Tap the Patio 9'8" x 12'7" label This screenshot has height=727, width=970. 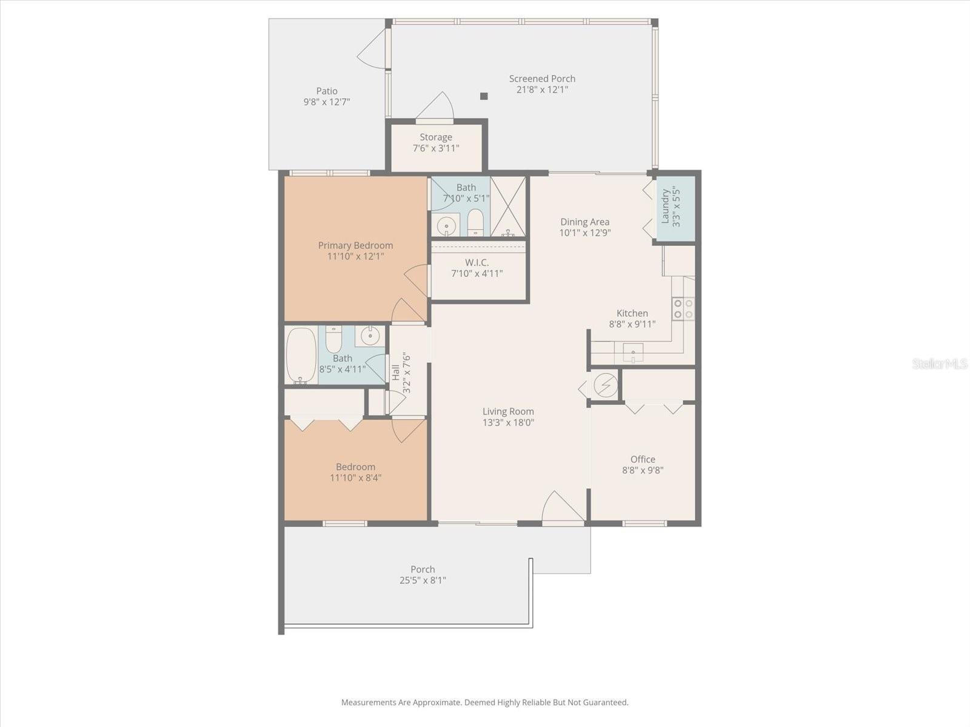point(327,96)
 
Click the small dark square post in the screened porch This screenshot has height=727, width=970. point(484,96)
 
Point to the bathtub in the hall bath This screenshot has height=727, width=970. point(301,356)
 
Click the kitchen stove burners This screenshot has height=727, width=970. point(683,308)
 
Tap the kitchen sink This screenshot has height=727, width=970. point(633,353)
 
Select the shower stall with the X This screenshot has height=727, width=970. point(508,206)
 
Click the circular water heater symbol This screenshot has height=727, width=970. point(605,385)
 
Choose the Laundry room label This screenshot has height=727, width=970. point(671,208)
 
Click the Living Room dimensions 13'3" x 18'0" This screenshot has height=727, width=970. point(508,422)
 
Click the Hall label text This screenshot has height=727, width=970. point(396,372)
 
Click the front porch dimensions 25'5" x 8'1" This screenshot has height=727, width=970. point(423,580)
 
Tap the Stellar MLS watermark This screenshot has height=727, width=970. point(940,363)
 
